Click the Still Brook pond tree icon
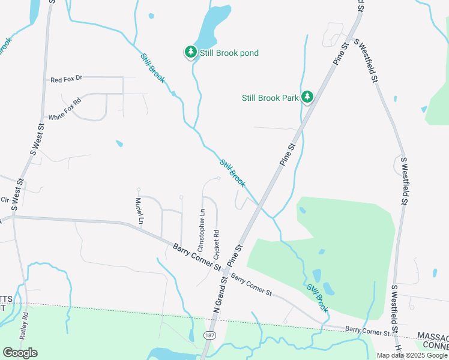tap(191, 53)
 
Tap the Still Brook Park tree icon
tap(307, 97)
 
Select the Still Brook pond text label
tap(229, 53)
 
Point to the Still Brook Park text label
tap(270, 97)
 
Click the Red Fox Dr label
tap(66, 79)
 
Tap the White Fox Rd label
tap(64, 109)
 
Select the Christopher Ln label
tap(201, 230)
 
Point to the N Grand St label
tap(217, 296)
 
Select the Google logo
tap(20, 353)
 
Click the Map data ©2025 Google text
tap(411, 355)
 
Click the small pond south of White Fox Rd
tap(119, 144)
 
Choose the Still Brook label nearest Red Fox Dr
tap(152, 68)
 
